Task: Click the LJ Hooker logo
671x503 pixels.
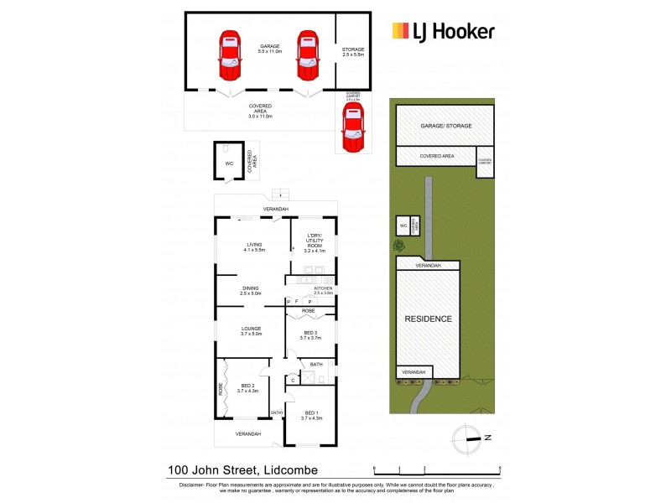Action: click(443, 32)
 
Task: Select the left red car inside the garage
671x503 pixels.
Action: click(229, 55)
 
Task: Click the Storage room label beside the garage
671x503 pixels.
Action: click(353, 49)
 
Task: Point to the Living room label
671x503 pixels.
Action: click(253, 245)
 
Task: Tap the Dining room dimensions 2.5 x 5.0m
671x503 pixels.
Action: click(251, 293)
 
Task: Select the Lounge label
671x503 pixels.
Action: click(252, 329)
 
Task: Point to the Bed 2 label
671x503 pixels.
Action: click(247, 386)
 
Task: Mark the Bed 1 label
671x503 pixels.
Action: click(312, 412)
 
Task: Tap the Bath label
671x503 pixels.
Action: click(316, 365)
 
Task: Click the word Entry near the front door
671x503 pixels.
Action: click(277, 412)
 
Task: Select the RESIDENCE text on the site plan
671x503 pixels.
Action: click(429, 319)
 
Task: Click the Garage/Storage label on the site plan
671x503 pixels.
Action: click(445, 126)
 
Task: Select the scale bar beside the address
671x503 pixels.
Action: click(436, 469)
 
